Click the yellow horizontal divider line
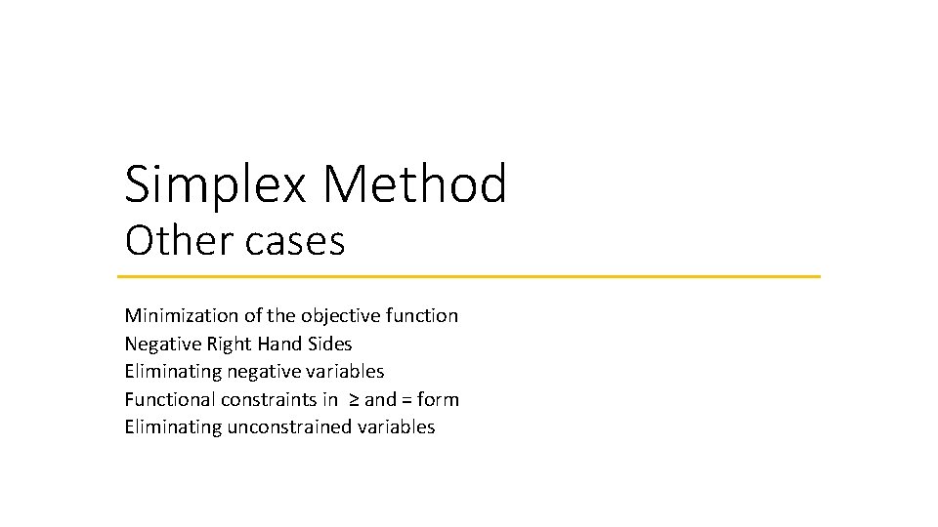coord(472,276)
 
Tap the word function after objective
coord(422,315)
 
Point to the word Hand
coord(280,344)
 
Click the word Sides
coord(330,344)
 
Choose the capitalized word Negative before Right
coord(159,344)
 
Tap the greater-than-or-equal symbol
coord(354,400)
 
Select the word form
coord(438,399)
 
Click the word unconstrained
coord(290,426)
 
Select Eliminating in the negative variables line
coord(173,371)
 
